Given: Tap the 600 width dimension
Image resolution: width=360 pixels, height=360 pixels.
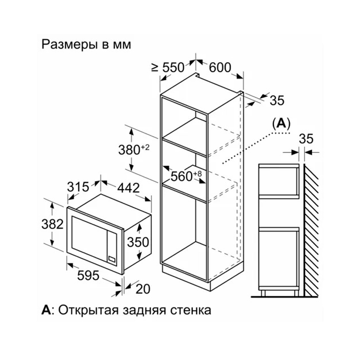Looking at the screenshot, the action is [220, 67].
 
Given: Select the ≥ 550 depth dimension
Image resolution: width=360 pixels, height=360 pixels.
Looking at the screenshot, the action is [168, 67].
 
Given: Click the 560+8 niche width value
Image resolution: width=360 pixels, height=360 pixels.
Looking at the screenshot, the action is [186, 176].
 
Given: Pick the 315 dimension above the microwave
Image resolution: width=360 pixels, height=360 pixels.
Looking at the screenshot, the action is [78, 187].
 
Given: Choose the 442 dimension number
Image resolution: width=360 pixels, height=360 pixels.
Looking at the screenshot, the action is [128, 188].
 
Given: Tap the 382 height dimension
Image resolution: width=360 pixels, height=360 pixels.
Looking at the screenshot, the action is [53, 224].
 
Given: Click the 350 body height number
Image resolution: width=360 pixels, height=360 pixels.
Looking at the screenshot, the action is [138, 242].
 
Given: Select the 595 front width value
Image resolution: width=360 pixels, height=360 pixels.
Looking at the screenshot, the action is [88, 275].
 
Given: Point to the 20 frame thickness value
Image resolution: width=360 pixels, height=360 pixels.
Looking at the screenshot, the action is [143, 289].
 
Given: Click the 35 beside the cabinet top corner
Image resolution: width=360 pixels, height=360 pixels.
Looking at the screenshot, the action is [277, 100].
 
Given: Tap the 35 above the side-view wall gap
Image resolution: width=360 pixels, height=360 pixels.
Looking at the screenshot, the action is [306, 139].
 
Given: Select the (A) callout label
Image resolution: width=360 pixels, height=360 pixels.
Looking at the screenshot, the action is [281, 124].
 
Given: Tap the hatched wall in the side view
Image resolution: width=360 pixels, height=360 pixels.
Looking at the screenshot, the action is [311, 230].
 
